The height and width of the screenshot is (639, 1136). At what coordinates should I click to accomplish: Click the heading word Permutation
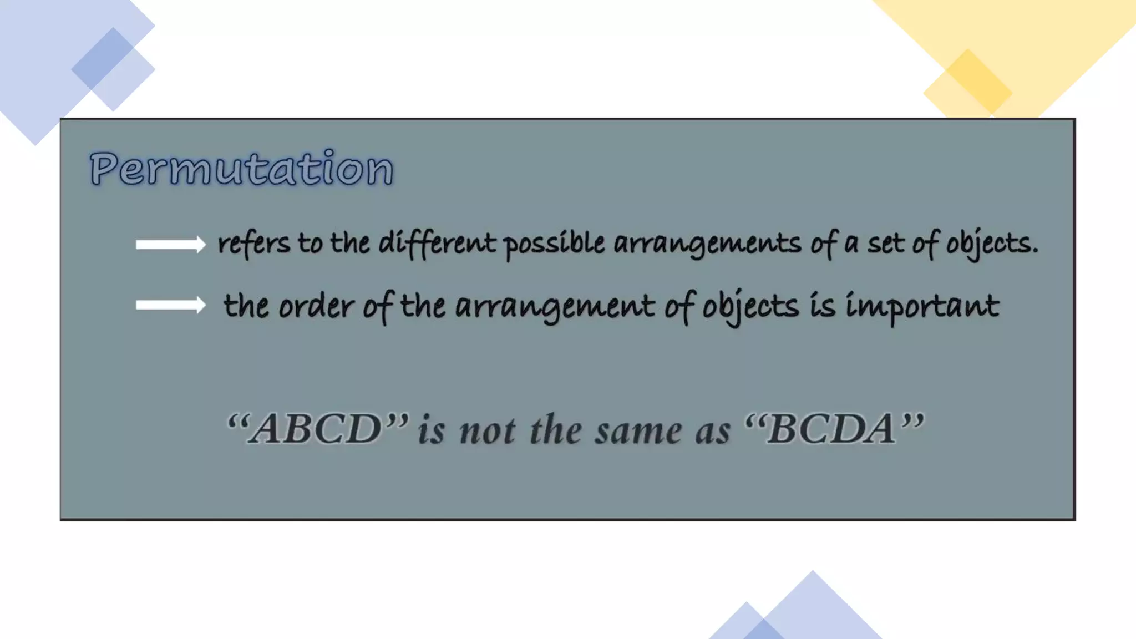coord(242,168)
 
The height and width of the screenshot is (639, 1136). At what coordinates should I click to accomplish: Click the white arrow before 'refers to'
coord(171,244)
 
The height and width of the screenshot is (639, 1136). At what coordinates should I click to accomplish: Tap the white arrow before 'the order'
coord(171,305)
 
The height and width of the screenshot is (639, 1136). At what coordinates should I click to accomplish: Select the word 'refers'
coord(253,244)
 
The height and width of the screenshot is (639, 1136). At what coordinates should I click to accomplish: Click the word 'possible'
coord(554,244)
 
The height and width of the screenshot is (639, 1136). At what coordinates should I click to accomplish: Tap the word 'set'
coord(885,244)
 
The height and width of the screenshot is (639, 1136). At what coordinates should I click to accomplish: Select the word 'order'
coord(316,306)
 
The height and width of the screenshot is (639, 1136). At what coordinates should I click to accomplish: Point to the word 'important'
coord(922,306)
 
